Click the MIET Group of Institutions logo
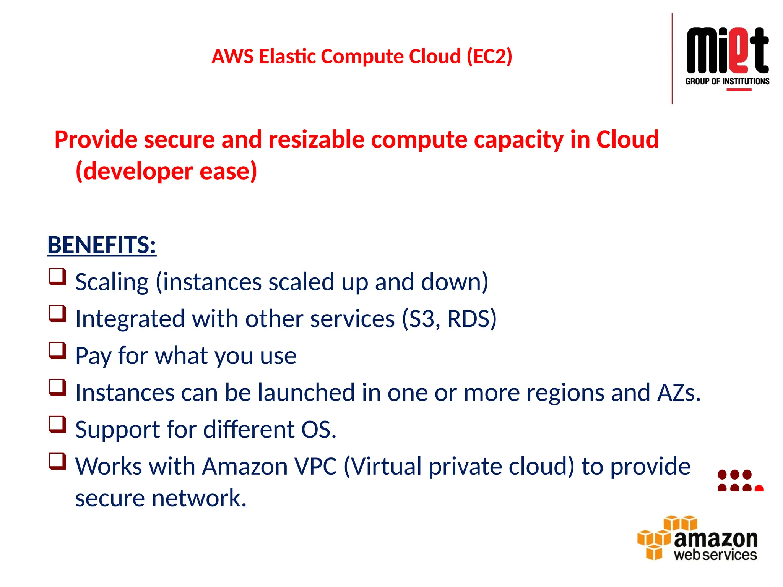[727, 57]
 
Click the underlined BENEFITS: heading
[102, 245]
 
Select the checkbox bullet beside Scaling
[57, 277]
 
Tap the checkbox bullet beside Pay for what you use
[57, 350]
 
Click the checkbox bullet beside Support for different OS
[57, 424]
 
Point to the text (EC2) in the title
[489, 57]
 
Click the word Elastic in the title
[288, 57]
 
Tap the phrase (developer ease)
[166, 171]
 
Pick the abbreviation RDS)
[471, 319]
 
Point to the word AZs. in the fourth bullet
[679, 392]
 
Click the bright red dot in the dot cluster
[759, 488]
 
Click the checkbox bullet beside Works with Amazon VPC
[57, 461]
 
